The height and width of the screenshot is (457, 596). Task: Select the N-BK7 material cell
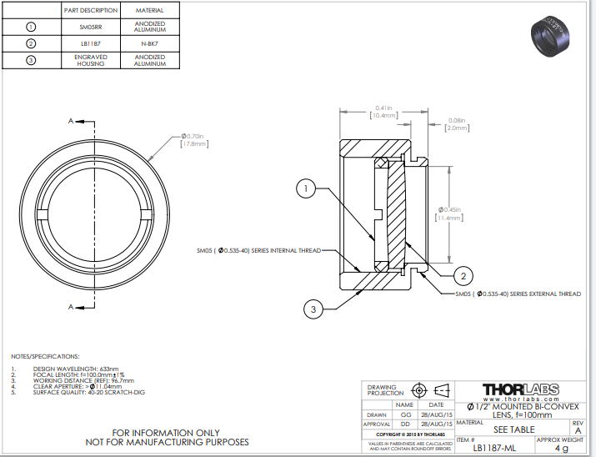coord(149,43)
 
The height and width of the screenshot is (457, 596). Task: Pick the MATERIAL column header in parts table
coord(149,10)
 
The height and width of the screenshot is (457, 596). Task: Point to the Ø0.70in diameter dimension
coord(193,139)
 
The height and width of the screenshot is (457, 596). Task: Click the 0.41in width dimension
coord(383,112)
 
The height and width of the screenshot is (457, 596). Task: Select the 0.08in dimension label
coord(456,124)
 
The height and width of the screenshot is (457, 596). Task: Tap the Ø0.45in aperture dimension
coord(450,212)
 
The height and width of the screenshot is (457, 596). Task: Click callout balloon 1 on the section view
coord(306,190)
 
